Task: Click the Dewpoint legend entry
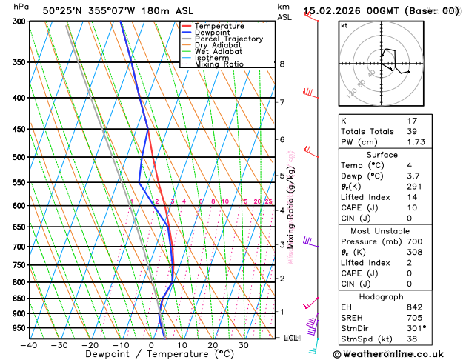pyautogui.click(x=214, y=33)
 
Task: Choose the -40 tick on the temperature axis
pyautogui.click(x=29, y=345)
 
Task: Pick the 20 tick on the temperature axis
pyautogui.click(x=213, y=345)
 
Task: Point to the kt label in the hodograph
pyautogui.click(x=344, y=25)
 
